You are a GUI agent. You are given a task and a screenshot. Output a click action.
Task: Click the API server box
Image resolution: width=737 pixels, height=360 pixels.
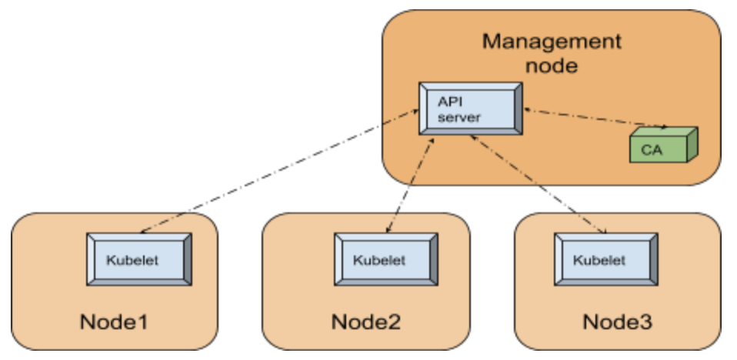click(x=467, y=108)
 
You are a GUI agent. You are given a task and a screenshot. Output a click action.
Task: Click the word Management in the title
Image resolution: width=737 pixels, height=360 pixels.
click(x=551, y=40)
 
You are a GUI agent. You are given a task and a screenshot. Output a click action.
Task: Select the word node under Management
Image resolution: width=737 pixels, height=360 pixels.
click(x=551, y=65)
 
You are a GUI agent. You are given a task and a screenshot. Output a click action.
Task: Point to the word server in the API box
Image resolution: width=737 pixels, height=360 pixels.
click(x=459, y=117)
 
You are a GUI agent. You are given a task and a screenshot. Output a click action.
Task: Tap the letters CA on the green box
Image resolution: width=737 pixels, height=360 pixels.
click(x=652, y=148)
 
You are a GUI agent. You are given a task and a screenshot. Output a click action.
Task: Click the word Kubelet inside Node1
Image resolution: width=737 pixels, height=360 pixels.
click(x=133, y=260)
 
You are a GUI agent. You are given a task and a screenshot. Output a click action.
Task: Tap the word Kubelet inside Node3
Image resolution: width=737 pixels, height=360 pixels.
click(x=599, y=259)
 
